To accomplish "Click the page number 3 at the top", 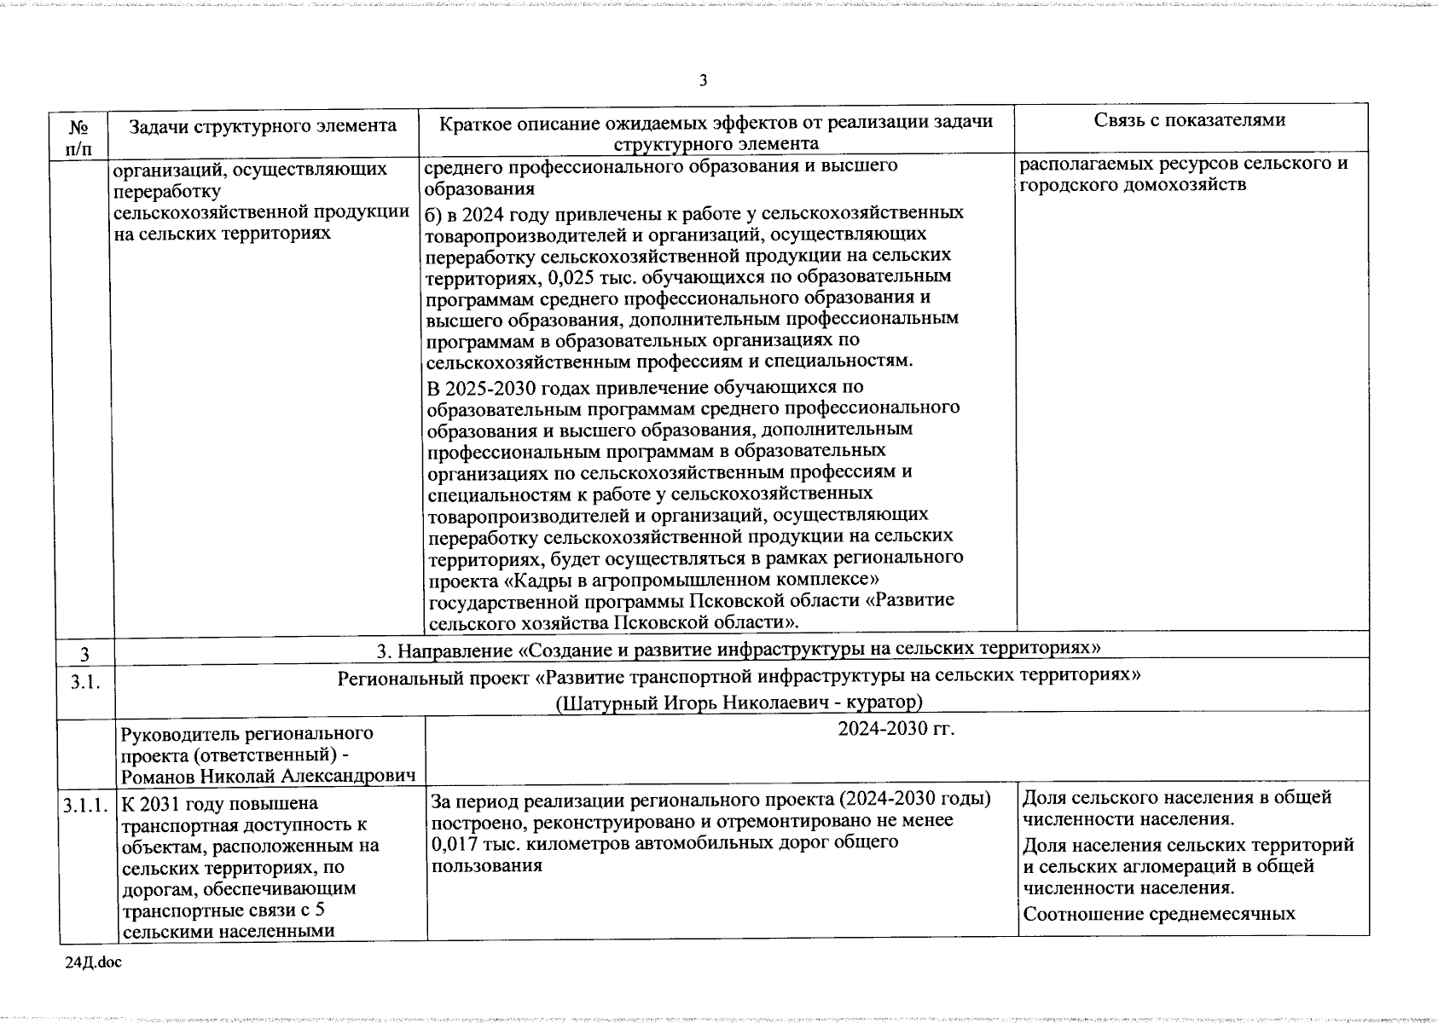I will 703,81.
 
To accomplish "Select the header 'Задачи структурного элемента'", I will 263,126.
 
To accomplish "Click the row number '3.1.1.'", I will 84,805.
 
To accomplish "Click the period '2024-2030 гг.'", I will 896,730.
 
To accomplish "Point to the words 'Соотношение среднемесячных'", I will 1159,914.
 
